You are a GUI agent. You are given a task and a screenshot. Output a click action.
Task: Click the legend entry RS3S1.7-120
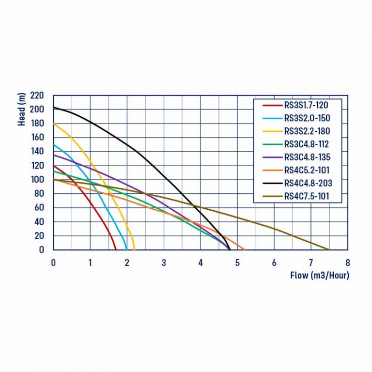tap(306, 105)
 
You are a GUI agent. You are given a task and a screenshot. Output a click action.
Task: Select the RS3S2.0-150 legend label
tap(307, 118)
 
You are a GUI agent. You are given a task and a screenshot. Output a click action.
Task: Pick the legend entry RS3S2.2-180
tap(307, 131)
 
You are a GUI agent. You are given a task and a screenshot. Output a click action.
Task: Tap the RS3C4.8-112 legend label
tap(307, 144)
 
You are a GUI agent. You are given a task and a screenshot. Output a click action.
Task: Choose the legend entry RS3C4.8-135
tap(307, 157)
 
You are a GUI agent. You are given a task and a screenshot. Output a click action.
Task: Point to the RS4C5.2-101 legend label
tap(307, 170)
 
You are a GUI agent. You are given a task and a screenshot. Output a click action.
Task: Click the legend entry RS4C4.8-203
tap(308, 183)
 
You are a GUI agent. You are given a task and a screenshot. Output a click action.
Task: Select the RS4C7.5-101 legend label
tap(307, 196)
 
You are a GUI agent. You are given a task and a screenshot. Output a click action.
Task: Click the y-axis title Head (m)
tap(21, 109)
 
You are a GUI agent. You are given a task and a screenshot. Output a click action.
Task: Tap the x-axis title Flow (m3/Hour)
tap(320, 276)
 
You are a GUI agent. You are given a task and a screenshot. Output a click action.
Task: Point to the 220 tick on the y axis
tap(37, 95)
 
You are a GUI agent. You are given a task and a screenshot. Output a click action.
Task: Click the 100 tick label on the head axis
tap(37, 180)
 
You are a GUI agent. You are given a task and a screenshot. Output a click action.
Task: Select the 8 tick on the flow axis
tap(348, 263)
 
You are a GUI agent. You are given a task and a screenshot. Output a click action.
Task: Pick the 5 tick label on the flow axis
tap(237, 263)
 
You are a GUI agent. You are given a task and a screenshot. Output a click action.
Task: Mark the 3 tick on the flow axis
tap(164, 263)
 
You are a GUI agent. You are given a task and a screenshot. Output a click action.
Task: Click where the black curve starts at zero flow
tap(54, 108)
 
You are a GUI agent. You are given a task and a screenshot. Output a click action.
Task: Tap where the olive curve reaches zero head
tap(329, 249)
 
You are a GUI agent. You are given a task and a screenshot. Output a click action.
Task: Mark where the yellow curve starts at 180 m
tap(54, 124)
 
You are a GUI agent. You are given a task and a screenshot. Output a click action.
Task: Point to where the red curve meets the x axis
tap(116, 249)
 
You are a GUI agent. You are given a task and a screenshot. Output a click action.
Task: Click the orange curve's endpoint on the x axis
tap(245, 249)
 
